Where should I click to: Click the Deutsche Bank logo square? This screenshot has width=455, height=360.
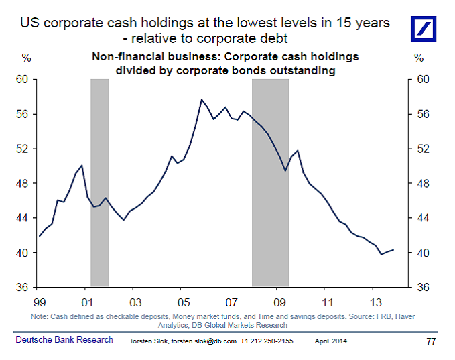pos(427,28)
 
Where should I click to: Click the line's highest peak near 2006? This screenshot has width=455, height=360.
pos(201,100)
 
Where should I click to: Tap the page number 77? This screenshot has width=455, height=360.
pos(432,341)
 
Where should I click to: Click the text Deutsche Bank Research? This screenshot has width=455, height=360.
pos(64,340)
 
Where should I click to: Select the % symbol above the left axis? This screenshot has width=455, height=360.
pos(27,58)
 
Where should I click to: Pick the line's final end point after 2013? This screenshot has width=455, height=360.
pos(393,249)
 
